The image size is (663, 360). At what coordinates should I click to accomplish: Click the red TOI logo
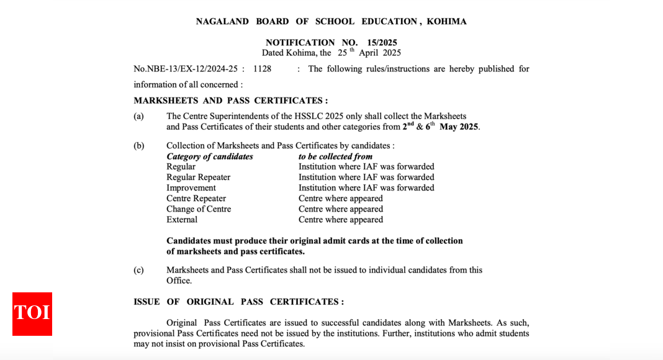pyautogui.click(x=32, y=313)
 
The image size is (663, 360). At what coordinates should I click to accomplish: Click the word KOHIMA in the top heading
pyautogui.click(x=446, y=22)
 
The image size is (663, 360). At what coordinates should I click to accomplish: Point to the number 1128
pyautogui.click(x=262, y=69)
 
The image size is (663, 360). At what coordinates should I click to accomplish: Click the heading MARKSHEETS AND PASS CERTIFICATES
pyautogui.click(x=230, y=101)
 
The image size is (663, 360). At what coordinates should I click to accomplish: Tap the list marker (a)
pyautogui.click(x=138, y=116)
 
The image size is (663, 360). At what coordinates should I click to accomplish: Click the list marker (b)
pyautogui.click(x=138, y=146)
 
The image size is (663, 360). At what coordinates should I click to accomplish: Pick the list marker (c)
pyautogui.click(x=138, y=270)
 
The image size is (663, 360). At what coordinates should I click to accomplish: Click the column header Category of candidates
pyautogui.click(x=210, y=156)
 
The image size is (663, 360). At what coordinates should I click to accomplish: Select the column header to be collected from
pyautogui.click(x=335, y=156)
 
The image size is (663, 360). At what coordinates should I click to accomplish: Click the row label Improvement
pyautogui.click(x=191, y=188)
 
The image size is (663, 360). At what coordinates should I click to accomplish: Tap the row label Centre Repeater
pyautogui.click(x=196, y=199)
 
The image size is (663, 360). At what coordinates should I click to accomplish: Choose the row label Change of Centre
pyautogui.click(x=199, y=209)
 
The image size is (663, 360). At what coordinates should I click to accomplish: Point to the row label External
pyautogui.click(x=182, y=220)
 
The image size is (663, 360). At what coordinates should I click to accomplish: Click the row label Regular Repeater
pyautogui.click(x=198, y=178)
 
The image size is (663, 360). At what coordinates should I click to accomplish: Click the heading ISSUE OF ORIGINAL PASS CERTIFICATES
pyautogui.click(x=238, y=302)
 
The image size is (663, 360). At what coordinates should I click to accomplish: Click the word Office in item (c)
pyautogui.click(x=178, y=281)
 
